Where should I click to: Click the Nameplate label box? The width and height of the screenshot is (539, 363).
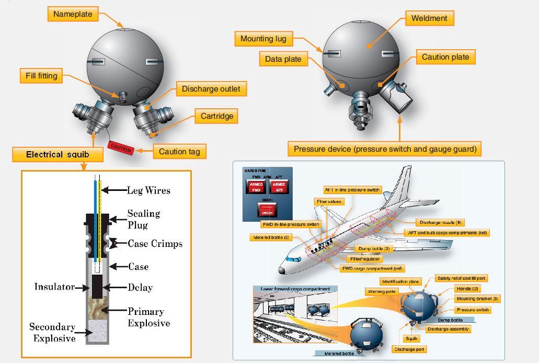(73, 14)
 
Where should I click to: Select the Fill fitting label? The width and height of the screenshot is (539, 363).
(41, 76)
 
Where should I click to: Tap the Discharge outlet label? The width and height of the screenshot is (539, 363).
(211, 89)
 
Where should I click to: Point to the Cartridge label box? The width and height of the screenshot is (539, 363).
(216, 116)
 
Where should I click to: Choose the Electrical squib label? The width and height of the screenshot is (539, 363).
(58, 154)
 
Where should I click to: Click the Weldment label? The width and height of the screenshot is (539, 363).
(429, 18)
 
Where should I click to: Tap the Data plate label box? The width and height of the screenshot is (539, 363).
(283, 59)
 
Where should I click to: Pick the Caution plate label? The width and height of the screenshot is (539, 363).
(445, 57)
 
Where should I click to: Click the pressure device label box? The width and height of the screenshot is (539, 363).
(385, 149)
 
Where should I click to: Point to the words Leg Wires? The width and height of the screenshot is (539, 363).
(148, 190)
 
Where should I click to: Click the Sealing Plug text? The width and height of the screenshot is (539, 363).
(143, 219)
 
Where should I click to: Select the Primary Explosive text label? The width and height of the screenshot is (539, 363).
(148, 317)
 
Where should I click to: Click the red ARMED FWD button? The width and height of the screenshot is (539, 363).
(256, 187)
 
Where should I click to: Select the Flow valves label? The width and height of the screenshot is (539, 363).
(329, 201)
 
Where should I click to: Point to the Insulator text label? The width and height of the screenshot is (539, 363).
(54, 287)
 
